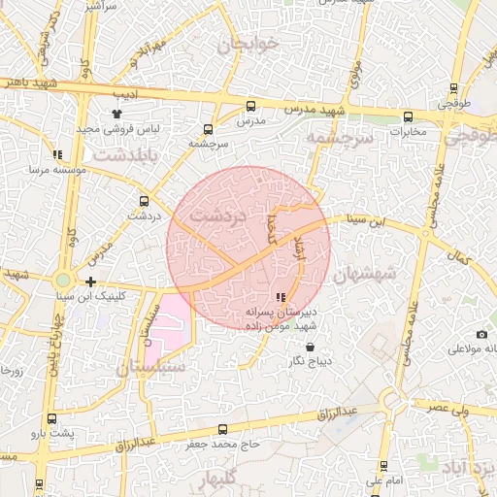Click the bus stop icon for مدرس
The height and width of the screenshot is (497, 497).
click(x=251, y=106)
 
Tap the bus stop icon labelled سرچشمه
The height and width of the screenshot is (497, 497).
click(x=208, y=129)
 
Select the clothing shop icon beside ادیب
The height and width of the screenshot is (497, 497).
click(x=117, y=114)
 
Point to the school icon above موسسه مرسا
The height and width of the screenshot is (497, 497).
click(x=58, y=153)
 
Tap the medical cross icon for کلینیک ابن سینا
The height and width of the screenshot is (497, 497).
click(x=90, y=282)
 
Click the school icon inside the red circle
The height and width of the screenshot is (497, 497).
click(x=281, y=298)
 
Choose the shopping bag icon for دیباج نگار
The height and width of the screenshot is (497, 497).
click(x=310, y=347)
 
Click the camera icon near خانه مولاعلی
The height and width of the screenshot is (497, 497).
click(x=455, y=334)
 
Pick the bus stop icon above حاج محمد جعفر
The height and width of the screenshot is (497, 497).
click(x=223, y=429)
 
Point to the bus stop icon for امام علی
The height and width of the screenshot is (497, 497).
click(x=383, y=466)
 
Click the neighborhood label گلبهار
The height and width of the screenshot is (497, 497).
click(x=223, y=480)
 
